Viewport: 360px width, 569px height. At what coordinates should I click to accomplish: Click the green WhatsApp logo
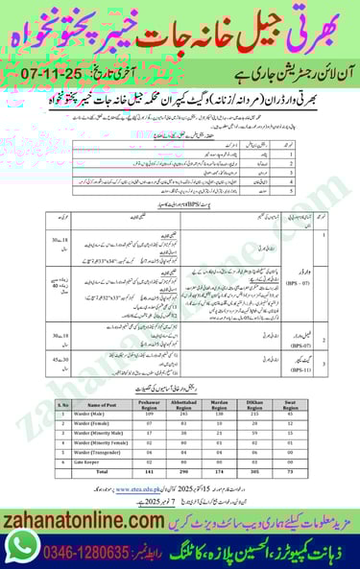pyautogui.click(x=22, y=545)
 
